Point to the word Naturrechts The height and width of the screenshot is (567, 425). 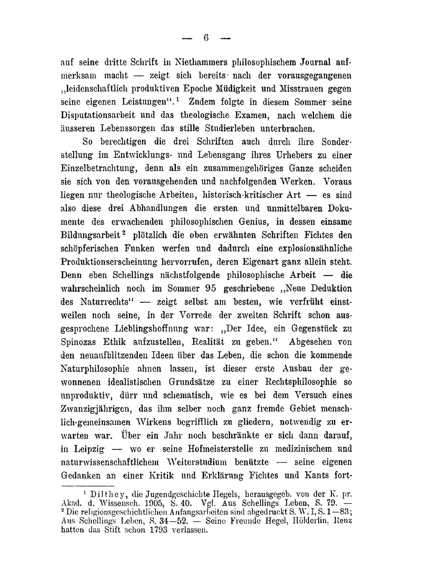pos(104,302)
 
